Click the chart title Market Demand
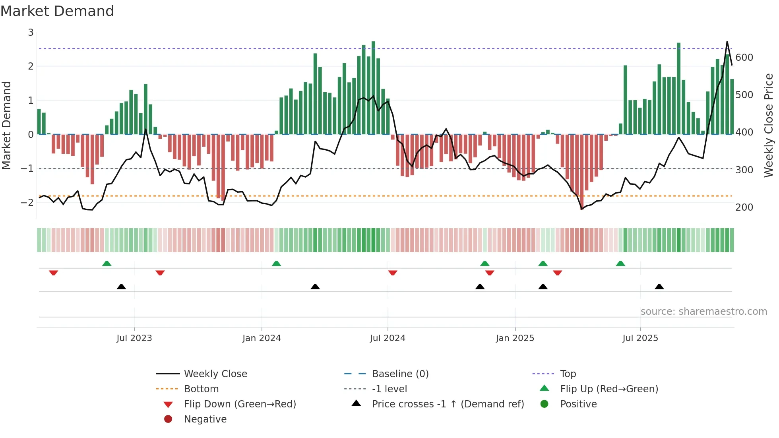click(x=57, y=11)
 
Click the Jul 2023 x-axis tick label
click(x=134, y=338)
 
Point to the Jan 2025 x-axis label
click(x=515, y=338)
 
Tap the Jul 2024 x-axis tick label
click(x=388, y=338)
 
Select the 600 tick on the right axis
click(x=744, y=58)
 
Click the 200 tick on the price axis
click(x=744, y=207)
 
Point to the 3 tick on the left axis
click(x=31, y=33)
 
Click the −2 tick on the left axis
click(x=27, y=202)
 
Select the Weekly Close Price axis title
click(x=769, y=125)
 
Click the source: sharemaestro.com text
click(x=703, y=312)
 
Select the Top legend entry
click(x=568, y=374)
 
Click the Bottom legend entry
click(x=201, y=389)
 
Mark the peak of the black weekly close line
click(x=727, y=42)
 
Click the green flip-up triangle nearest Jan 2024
click(x=276, y=264)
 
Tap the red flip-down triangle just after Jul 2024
click(x=393, y=273)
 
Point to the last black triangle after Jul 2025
click(x=659, y=287)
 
